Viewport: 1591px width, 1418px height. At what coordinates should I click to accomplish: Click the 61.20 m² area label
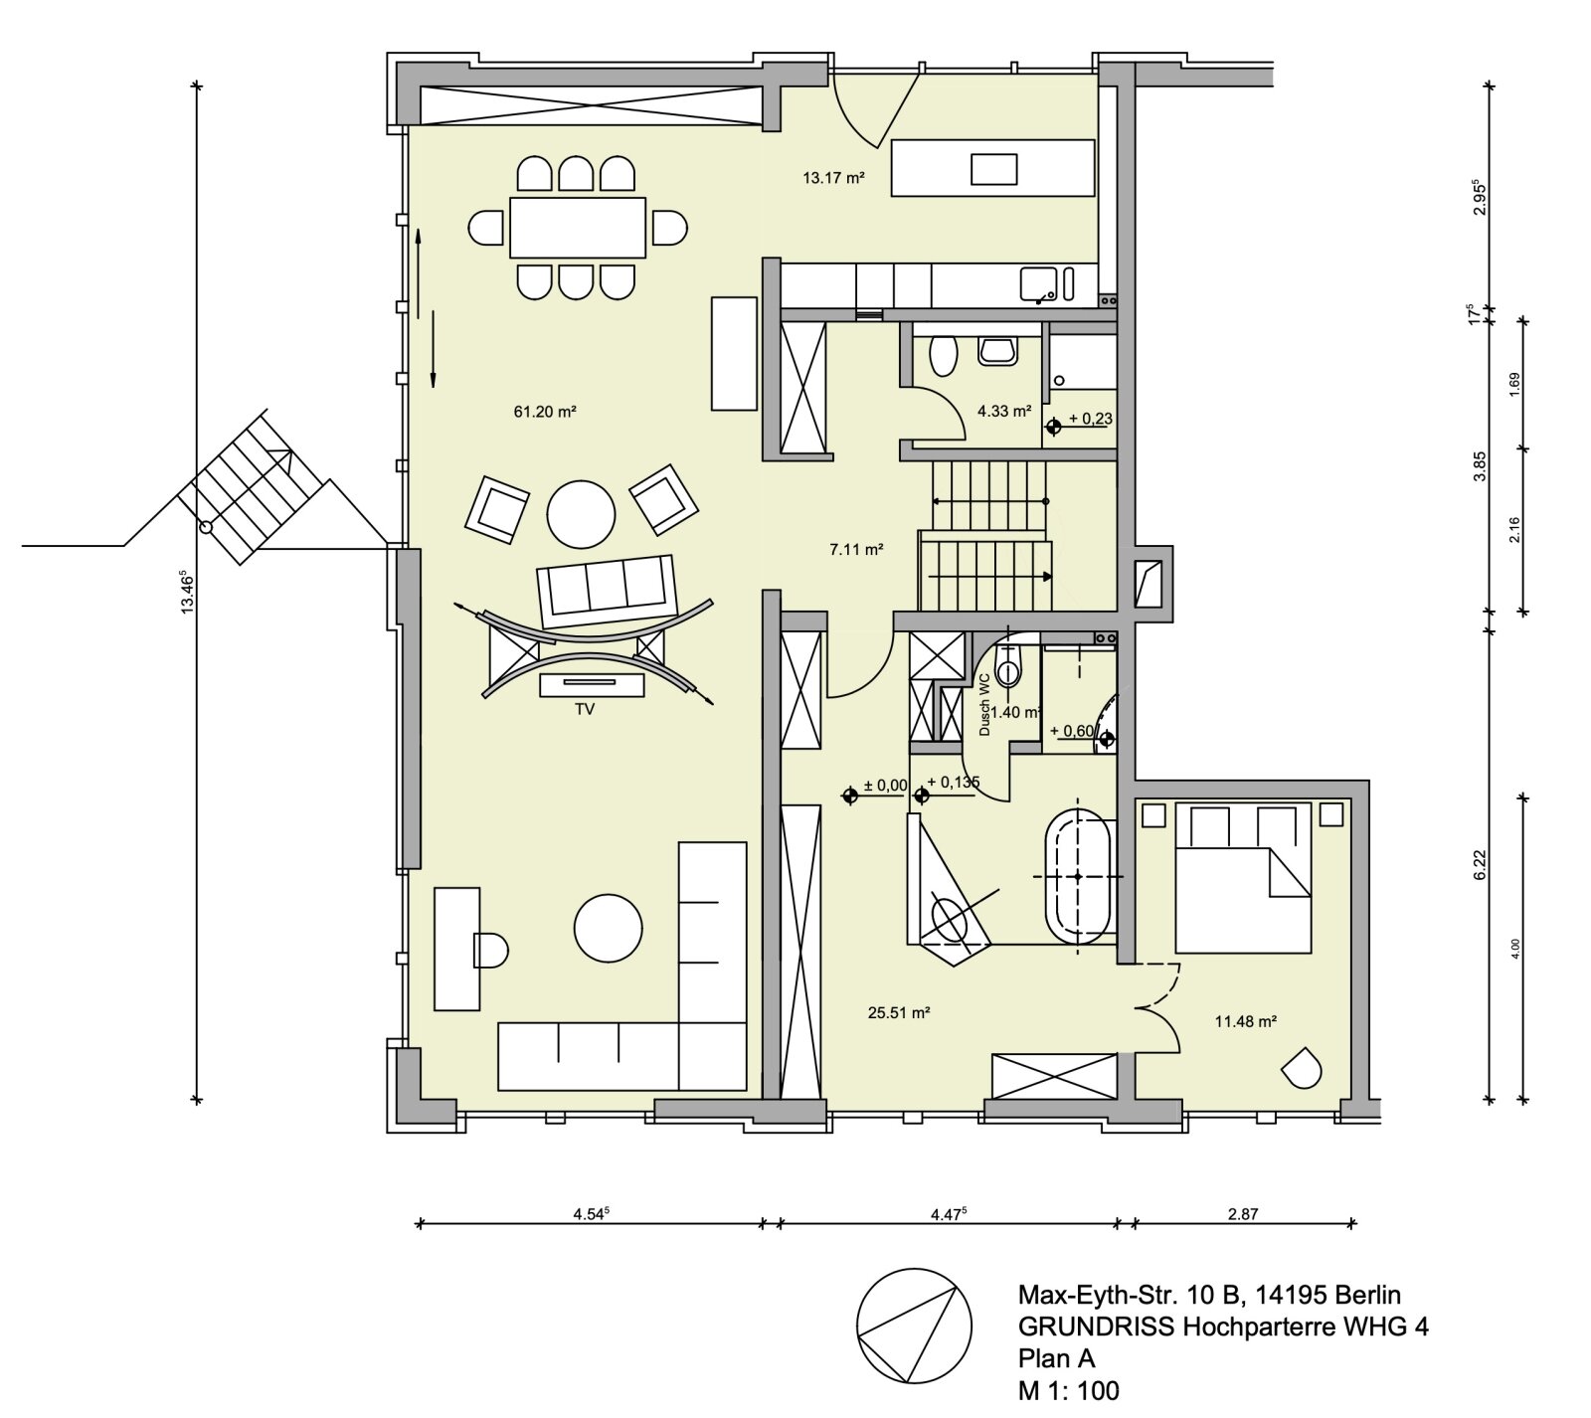pos(545,411)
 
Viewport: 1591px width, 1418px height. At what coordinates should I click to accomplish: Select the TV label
pos(585,709)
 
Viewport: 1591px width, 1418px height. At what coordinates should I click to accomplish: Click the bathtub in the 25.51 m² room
pos(1078,875)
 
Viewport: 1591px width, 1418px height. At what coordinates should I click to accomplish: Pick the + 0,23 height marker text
pos(1090,419)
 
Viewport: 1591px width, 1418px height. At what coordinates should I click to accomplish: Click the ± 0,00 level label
pos(885,786)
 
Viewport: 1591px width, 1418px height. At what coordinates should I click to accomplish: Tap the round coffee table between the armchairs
pos(581,513)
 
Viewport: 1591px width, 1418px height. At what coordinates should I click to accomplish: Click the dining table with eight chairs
pos(577,228)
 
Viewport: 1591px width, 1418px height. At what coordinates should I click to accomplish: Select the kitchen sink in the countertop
pos(1038,284)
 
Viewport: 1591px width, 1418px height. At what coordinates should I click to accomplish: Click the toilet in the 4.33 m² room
pos(942,355)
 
